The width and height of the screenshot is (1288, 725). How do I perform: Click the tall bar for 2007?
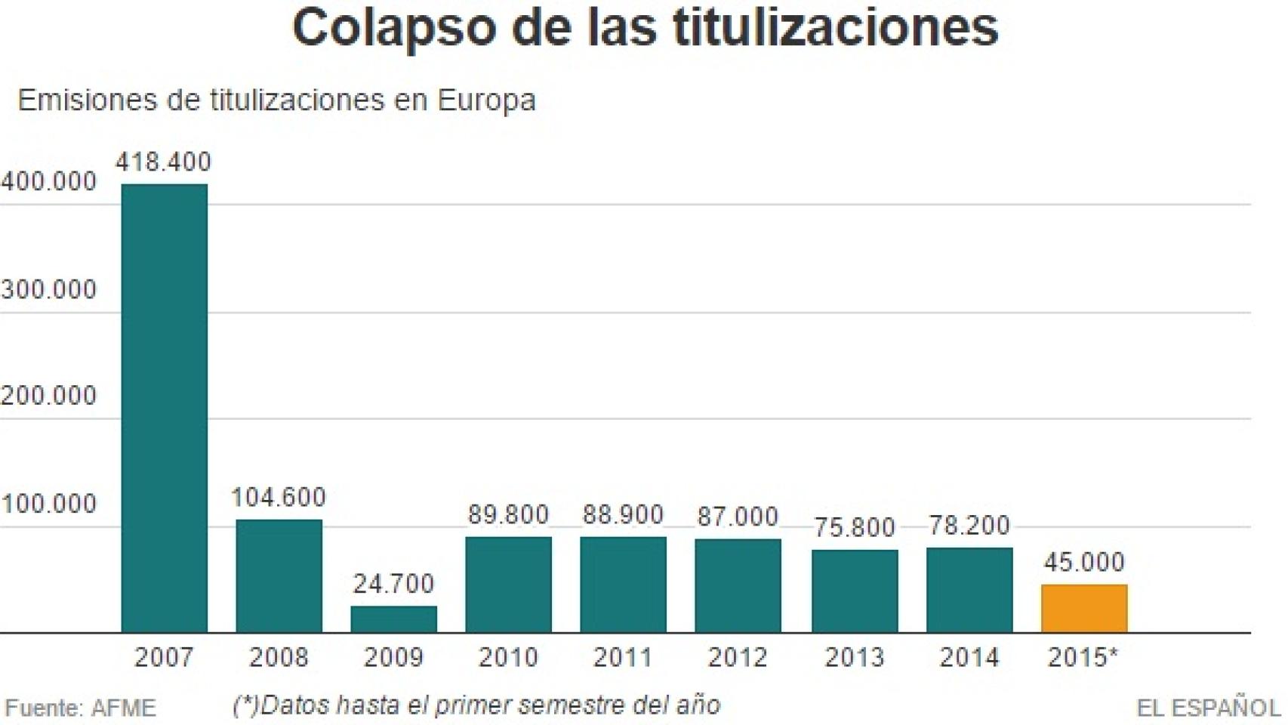tap(164, 408)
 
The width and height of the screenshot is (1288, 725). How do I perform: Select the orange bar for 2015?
tap(1083, 608)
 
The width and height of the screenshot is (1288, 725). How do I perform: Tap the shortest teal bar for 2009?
tap(393, 619)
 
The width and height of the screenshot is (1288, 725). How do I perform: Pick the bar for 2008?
tap(279, 575)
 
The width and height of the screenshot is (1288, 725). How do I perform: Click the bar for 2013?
tap(855, 591)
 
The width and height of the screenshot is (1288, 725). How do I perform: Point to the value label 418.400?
tap(163, 162)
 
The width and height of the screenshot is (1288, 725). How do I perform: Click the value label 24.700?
tap(393, 583)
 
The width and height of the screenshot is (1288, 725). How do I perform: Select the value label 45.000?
tap(1084, 562)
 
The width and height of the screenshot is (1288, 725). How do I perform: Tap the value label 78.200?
tap(969, 525)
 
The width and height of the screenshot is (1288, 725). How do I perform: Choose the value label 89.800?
tap(508, 514)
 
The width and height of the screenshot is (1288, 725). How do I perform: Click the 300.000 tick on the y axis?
tap(49, 289)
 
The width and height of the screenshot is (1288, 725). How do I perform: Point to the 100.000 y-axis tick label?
tap(49, 504)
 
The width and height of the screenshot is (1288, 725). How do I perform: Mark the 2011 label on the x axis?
tap(623, 657)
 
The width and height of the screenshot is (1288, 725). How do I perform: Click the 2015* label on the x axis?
tap(1083, 657)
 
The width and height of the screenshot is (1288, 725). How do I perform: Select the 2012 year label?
tap(738, 657)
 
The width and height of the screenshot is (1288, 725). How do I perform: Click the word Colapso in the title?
tap(394, 29)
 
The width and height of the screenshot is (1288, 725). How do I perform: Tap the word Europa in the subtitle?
tap(486, 100)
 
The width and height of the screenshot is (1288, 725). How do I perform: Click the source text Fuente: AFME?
tap(81, 708)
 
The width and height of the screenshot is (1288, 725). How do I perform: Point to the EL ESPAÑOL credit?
tap(1208, 708)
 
